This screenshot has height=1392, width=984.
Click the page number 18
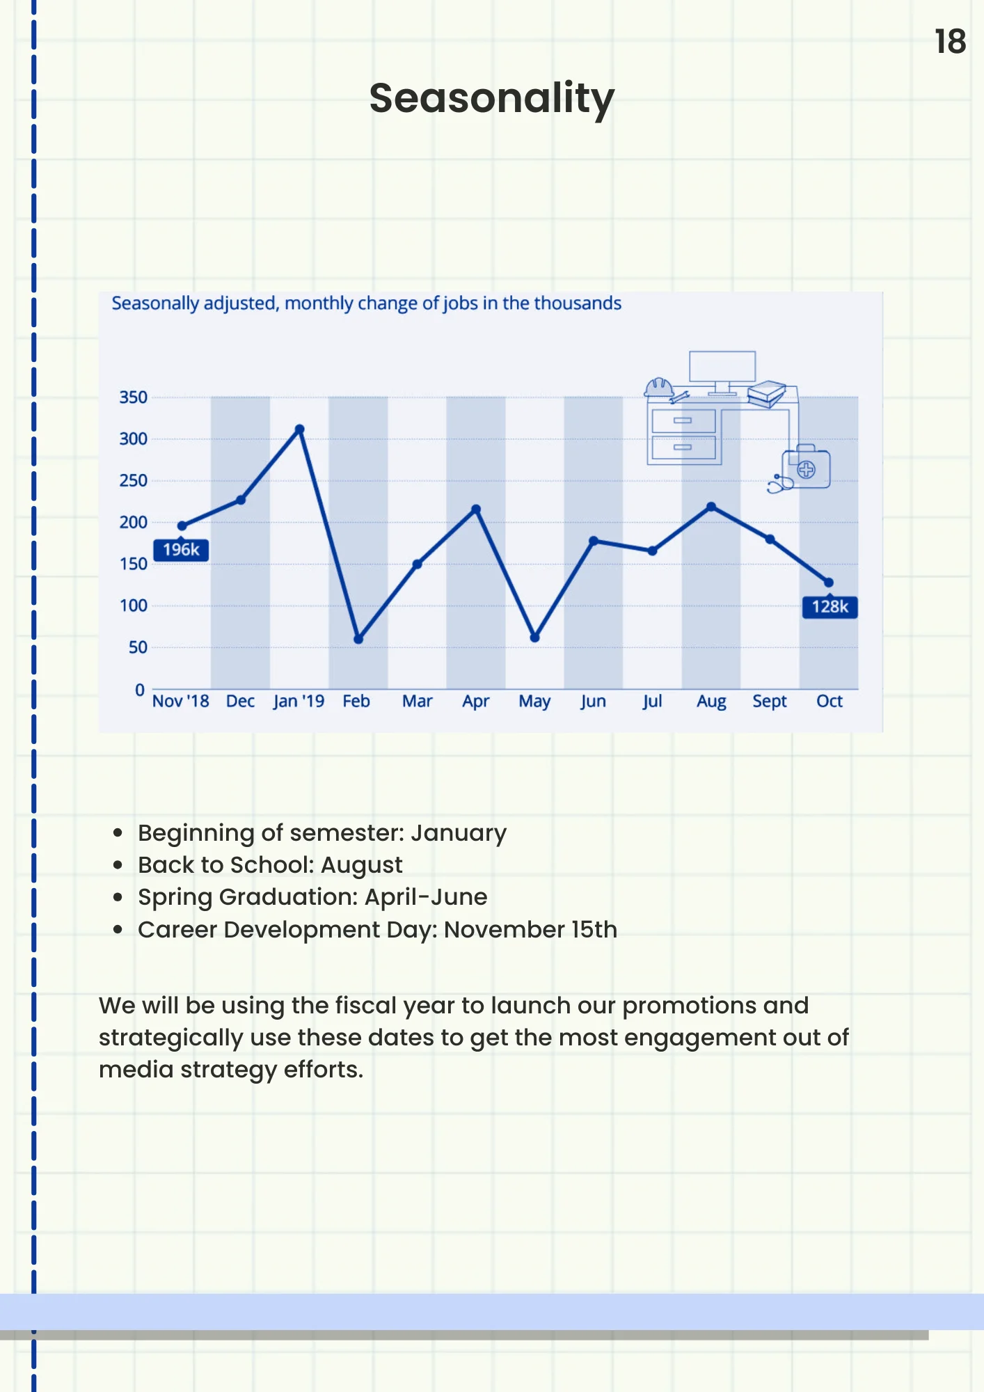[x=950, y=42]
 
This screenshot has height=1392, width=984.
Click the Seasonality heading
[x=492, y=98]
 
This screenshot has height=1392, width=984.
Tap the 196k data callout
[x=181, y=550]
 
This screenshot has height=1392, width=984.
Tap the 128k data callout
[x=830, y=607]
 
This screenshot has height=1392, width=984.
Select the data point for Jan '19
[x=299, y=429]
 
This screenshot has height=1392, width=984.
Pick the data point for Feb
[x=358, y=639]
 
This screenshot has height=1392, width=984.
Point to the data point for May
[x=534, y=638]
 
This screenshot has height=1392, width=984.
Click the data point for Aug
[x=711, y=507]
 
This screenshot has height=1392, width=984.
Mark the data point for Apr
[x=476, y=509]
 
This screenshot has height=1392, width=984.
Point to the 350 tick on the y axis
[x=133, y=397]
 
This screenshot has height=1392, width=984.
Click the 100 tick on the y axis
[x=133, y=606]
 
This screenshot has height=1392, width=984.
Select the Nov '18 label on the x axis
[x=180, y=701]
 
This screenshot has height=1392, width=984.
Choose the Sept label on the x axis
[x=769, y=702]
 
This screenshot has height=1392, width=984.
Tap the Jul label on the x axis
[x=652, y=702]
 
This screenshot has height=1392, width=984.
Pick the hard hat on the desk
[x=658, y=388]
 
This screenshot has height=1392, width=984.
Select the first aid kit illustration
[x=806, y=468]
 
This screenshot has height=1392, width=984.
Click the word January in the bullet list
[x=459, y=834]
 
